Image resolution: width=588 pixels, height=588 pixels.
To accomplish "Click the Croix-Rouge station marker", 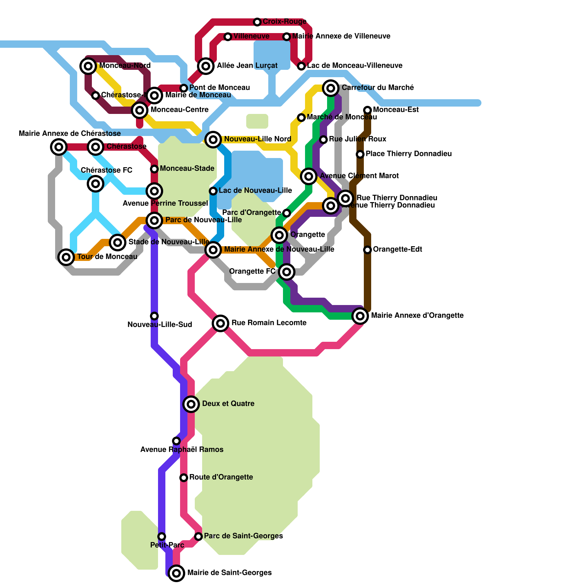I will click(257, 22).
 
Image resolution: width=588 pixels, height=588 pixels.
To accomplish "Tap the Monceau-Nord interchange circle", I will click(88, 66).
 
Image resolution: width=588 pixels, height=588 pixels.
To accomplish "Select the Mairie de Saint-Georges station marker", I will click(176, 573).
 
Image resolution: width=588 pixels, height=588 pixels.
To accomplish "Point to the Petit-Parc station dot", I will click(162, 537).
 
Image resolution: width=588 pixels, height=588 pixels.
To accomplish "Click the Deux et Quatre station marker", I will click(191, 404).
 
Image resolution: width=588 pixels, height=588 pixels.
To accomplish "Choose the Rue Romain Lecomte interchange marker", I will click(220, 323).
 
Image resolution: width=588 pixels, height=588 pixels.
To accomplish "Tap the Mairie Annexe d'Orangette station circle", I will click(360, 316).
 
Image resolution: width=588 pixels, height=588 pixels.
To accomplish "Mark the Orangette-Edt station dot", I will click(367, 250).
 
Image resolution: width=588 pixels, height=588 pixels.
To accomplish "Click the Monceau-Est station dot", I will click(367, 110).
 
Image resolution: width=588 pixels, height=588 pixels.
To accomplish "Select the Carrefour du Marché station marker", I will click(331, 88).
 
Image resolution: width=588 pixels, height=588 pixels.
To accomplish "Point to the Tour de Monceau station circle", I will click(66, 257).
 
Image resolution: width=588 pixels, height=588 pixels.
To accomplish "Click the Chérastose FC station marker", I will click(96, 183).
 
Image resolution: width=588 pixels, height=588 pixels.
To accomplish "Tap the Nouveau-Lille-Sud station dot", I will click(154, 316).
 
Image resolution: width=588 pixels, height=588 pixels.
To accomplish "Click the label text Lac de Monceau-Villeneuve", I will click(355, 66).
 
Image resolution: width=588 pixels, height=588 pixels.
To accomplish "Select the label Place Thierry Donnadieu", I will click(409, 154).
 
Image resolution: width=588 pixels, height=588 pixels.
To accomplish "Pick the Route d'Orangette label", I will click(221, 477).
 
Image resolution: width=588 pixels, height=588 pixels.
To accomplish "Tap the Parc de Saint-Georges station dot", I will click(198, 537).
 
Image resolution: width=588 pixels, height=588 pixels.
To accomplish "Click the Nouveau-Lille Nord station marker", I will click(213, 140).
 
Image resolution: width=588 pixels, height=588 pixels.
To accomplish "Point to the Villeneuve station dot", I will click(228, 37).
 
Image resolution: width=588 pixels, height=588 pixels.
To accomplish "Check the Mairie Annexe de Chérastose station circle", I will click(59, 147).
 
